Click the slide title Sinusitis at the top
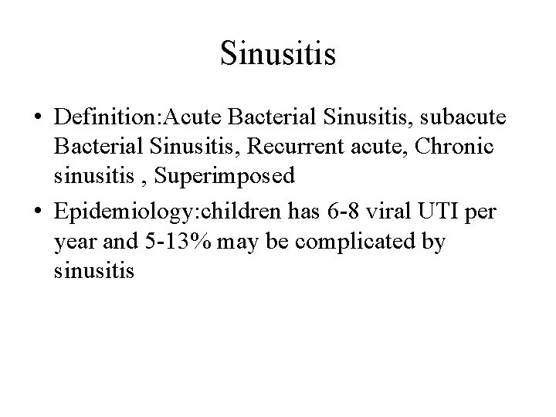277,53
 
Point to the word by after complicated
435,242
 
